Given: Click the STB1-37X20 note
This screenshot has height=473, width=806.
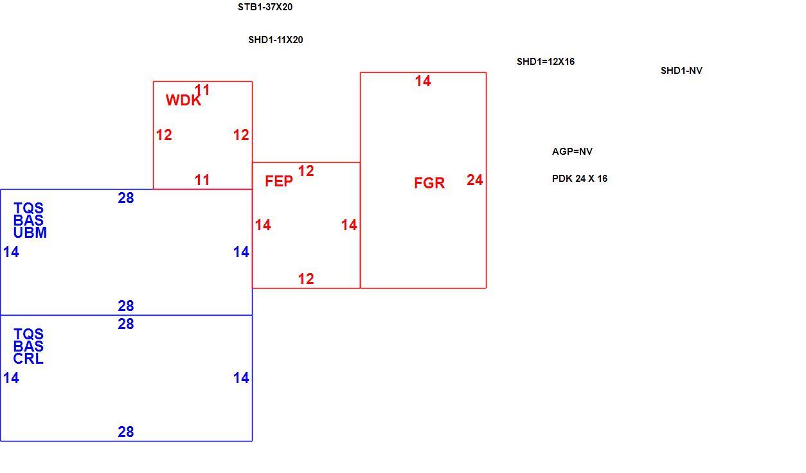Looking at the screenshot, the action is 265,7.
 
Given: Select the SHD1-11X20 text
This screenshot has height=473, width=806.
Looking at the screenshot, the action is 276,40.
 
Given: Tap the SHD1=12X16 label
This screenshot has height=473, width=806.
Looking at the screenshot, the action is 546,62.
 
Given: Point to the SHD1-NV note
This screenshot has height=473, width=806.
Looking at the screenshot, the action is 681,71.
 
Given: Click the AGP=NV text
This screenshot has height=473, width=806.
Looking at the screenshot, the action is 572,152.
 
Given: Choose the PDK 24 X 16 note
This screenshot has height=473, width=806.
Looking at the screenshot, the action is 580,179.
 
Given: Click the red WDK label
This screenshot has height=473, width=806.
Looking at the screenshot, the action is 183,100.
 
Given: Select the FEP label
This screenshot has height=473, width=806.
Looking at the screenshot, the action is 279,181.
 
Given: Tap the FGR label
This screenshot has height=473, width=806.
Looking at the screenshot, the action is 429,183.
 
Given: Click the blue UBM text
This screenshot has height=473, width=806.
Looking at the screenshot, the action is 30,233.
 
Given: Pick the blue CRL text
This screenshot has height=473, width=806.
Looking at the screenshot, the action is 28,359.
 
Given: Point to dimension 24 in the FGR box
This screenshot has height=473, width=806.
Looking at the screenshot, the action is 474,180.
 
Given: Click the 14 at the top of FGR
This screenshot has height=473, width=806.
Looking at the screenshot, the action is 423,81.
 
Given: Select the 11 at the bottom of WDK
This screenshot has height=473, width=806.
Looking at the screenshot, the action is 202,180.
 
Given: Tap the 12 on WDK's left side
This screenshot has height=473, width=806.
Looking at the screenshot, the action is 164,135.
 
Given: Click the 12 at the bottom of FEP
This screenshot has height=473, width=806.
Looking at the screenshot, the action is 306,279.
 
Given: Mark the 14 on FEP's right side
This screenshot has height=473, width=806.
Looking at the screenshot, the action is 349,225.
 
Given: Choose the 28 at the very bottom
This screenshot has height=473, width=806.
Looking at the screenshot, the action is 126,432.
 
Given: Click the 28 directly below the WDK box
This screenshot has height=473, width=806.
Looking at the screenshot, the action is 126,198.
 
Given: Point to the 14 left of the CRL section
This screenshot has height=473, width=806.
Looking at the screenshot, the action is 11,378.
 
